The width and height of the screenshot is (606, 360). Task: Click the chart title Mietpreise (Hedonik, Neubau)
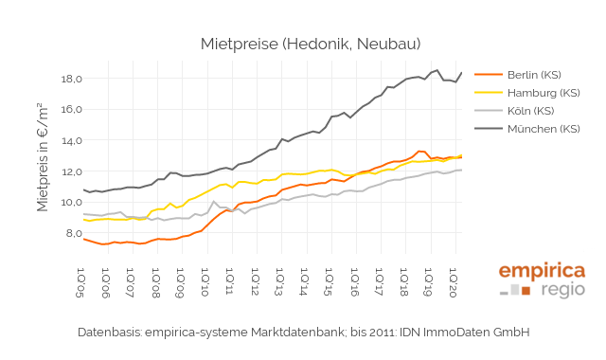[311, 44]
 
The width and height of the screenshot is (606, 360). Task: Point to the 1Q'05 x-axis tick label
[84, 283]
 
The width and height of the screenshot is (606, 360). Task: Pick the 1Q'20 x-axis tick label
[454, 283]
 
